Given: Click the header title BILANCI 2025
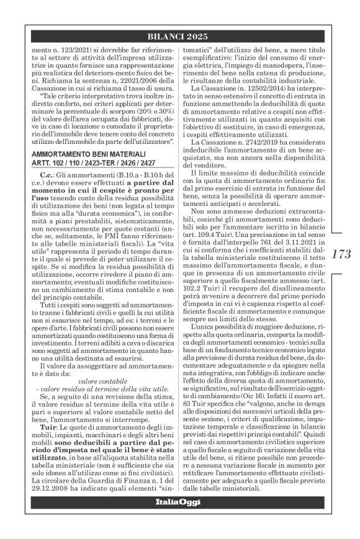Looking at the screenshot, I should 180,35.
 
